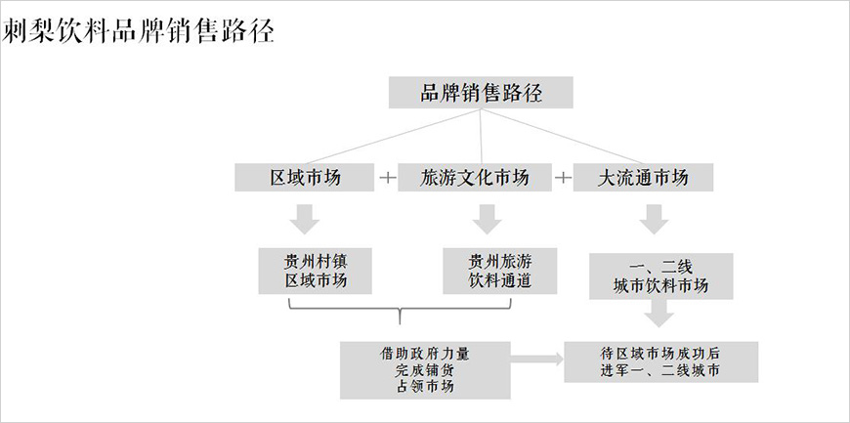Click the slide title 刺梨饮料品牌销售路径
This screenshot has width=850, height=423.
click(138, 31)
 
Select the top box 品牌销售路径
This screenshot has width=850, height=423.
click(481, 93)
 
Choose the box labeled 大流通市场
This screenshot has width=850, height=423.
click(643, 178)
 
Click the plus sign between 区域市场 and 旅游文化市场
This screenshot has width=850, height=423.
click(388, 178)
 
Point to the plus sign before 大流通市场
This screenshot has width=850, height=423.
click(563, 178)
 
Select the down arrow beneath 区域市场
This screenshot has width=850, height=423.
click(307, 218)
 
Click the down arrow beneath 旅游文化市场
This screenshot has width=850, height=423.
click(487, 218)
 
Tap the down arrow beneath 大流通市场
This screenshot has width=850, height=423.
click(652, 220)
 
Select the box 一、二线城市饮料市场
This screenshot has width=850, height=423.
click(660, 275)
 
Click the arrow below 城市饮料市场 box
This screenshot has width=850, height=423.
click(660, 313)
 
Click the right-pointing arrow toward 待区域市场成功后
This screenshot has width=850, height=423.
click(536, 360)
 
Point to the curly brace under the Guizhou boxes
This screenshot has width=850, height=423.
click(401, 313)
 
